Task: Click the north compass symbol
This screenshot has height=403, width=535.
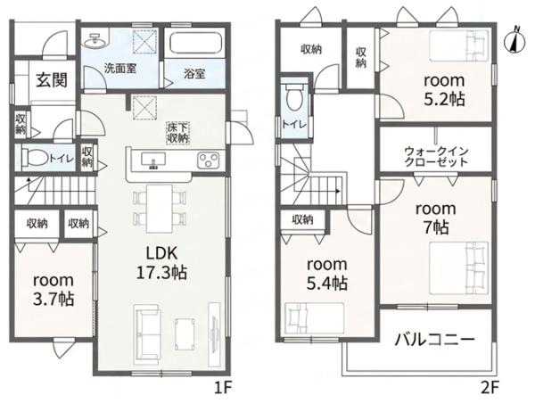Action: click(x=515, y=41)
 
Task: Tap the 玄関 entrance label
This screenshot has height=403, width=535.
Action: click(x=52, y=80)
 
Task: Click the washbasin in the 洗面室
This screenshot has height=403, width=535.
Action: click(x=95, y=41)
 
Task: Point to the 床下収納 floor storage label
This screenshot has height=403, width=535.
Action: click(x=177, y=133)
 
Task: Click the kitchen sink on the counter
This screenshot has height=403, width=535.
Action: click(x=153, y=160)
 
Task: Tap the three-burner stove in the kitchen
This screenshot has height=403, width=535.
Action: click(x=209, y=160)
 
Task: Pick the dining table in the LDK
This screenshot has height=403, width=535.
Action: click(x=160, y=209)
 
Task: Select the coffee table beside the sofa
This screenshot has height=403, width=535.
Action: click(x=185, y=334)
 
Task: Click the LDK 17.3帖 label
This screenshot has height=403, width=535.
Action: click(x=161, y=263)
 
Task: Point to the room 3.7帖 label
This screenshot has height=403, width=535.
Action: click(x=53, y=290)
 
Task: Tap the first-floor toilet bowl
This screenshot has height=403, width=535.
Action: click(x=35, y=158)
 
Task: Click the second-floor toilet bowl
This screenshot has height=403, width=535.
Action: click(x=294, y=95)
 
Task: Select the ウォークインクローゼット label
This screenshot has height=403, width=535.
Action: click(x=436, y=156)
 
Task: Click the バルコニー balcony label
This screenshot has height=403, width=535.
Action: click(x=435, y=340)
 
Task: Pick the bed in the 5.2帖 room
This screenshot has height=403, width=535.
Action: click(x=459, y=46)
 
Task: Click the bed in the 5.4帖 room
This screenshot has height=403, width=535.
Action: click(x=314, y=318)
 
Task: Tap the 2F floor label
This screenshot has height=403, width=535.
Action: click(x=490, y=388)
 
